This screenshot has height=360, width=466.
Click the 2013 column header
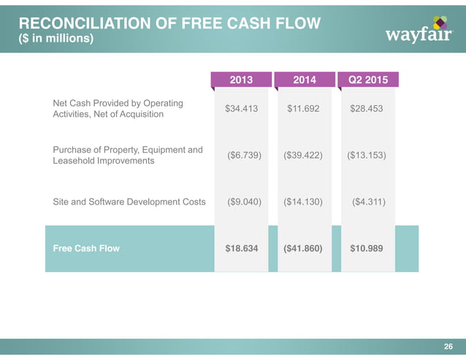pyautogui.click(x=241, y=79)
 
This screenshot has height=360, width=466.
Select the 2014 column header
pyautogui.click(x=304, y=79)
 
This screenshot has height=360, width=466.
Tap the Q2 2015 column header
pyautogui.click(x=367, y=79)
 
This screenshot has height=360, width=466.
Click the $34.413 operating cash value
pyautogui.click(x=241, y=109)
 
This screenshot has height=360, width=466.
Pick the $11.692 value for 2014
pyautogui.click(x=304, y=109)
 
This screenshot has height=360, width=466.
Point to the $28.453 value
pyautogui.click(x=367, y=109)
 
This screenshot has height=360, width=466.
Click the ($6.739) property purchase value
pyautogui.click(x=240, y=156)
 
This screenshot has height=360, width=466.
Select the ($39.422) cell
pyautogui.click(x=304, y=156)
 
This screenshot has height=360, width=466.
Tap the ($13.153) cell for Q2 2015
pyautogui.click(x=367, y=156)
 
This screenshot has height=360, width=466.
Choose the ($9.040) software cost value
pyautogui.click(x=240, y=202)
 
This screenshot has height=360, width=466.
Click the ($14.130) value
pyautogui.click(x=304, y=202)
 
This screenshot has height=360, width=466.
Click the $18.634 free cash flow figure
pyautogui.click(x=241, y=248)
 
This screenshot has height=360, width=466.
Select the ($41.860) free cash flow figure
pyautogui.click(x=304, y=248)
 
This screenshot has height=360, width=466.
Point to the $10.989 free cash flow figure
pyautogui.click(x=367, y=248)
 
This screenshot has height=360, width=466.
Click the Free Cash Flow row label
pyautogui.click(x=86, y=248)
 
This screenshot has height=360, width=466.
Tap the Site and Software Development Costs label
pyautogui.click(x=129, y=202)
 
